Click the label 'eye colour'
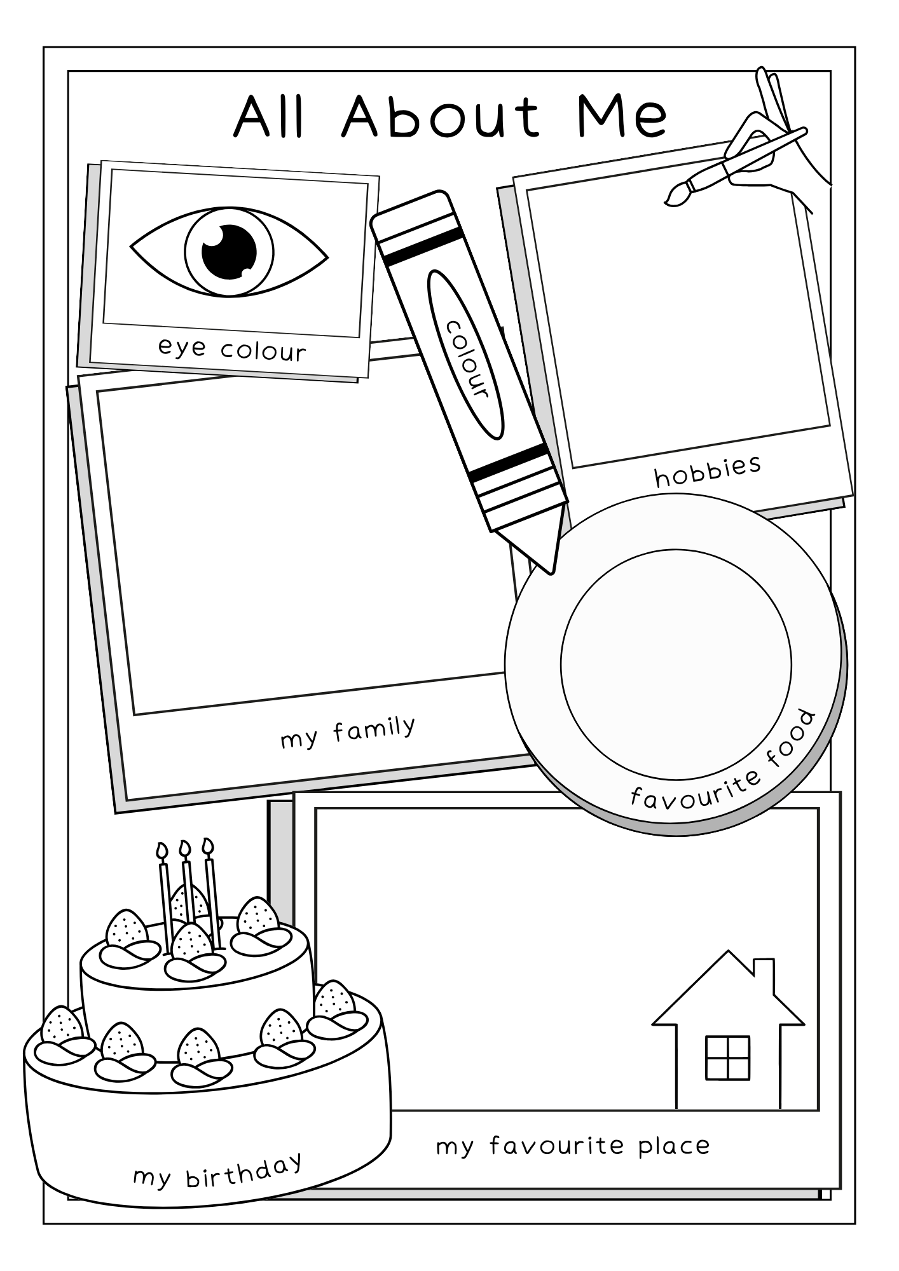[232, 349]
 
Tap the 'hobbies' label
[708, 471]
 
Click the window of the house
[727, 1057]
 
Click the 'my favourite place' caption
[572, 1146]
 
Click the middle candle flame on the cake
[185, 847]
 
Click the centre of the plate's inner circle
[676, 665]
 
